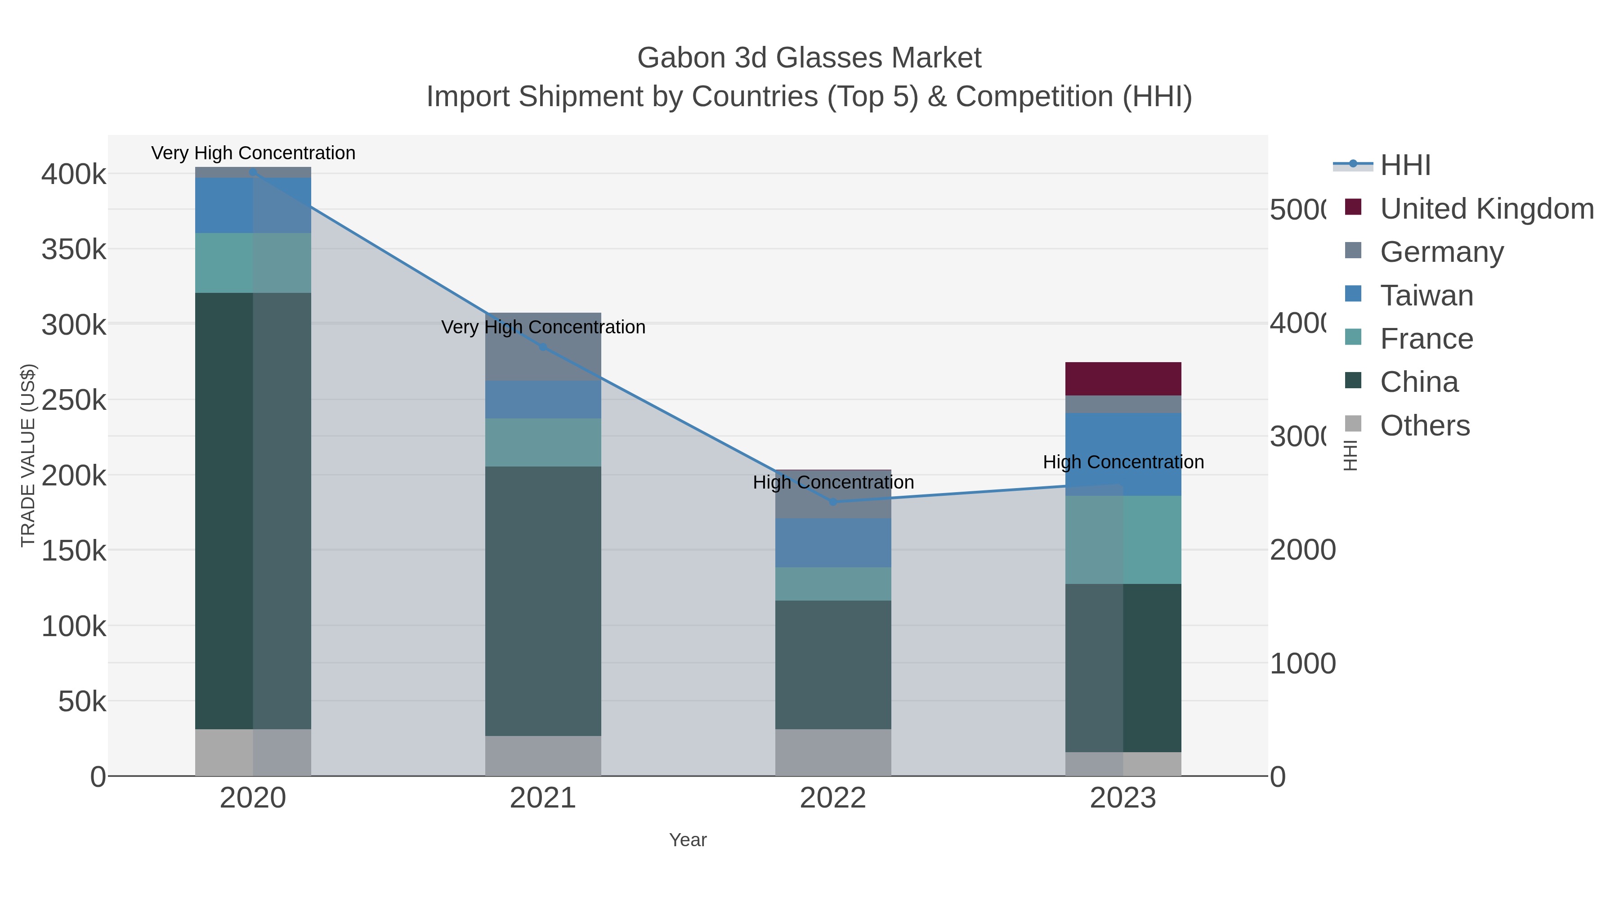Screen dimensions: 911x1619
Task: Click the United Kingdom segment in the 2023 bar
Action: click(x=1123, y=378)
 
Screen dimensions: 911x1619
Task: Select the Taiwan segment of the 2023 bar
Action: click(x=1123, y=454)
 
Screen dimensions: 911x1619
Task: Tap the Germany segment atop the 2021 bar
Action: click(x=543, y=346)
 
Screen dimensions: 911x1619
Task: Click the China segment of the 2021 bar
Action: click(x=543, y=601)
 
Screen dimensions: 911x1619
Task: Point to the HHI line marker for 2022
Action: click(x=833, y=502)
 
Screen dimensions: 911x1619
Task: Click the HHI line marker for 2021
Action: click(x=543, y=347)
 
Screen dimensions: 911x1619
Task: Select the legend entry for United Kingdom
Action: click(x=1486, y=209)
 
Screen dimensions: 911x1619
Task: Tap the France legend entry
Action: click(x=1426, y=339)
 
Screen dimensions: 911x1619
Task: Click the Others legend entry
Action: click(x=1424, y=426)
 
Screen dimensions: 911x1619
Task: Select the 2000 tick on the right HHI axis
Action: click(x=1302, y=550)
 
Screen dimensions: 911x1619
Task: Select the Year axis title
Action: click(x=688, y=840)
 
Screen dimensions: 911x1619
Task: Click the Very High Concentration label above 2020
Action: click(x=253, y=153)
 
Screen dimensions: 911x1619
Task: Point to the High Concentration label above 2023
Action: click(x=1123, y=462)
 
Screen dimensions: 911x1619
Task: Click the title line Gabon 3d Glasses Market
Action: click(x=809, y=58)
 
